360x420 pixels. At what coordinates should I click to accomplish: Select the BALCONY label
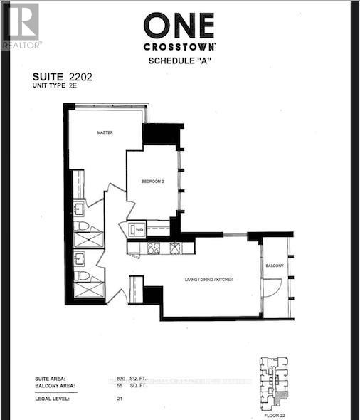tap(275, 266)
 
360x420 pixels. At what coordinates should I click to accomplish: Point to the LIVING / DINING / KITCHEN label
tap(208, 280)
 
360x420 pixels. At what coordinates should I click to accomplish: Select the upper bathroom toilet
tap(82, 226)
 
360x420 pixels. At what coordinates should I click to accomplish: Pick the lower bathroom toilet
tap(82, 275)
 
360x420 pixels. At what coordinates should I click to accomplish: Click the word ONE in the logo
tap(179, 26)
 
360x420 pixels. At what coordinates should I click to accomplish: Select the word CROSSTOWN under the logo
tap(180, 46)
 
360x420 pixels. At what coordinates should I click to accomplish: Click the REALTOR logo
tap(21, 26)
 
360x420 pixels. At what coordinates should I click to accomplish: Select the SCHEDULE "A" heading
tap(180, 61)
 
